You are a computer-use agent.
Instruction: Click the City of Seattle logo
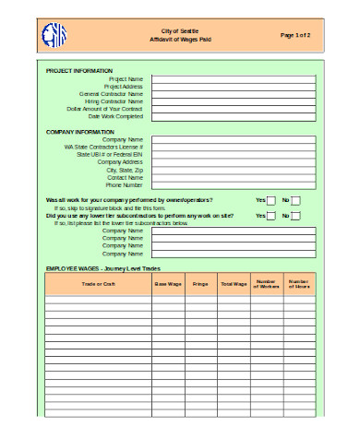pyautogui.click(x=55, y=36)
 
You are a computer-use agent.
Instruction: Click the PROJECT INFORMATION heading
pyautogui.click(x=79, y=70)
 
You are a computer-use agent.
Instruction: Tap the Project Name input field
pyautogui.click(x=234, y=78)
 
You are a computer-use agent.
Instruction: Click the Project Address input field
pyautogui.click(x=234, y=87)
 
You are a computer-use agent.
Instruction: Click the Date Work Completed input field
pyautogui.click(x=234, y=116)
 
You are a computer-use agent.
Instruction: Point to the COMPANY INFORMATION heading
pyautogui.click(x=80, y=132)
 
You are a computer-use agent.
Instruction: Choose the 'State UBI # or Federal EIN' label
pyautogui.click(x=110, y=154)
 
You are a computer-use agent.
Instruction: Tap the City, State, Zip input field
pyautogui.click(x=234, y=170)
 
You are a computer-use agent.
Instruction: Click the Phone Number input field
pyautogui.click(x=234, y=185)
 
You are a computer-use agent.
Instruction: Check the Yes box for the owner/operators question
pyautogui.click(x=271, y=200)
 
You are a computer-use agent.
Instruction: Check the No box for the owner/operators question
pyautogui.click(x=295, y=200)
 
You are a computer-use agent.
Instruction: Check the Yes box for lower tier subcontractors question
pyautogui.click(x=271, y=216)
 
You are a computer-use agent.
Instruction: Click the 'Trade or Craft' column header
pyautogui.click(x=98, y=284)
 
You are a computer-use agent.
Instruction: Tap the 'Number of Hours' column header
pyautogui.click(x=298, y=284)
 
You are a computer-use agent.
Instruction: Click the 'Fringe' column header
pyautogui.click(x=200, y=284)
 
